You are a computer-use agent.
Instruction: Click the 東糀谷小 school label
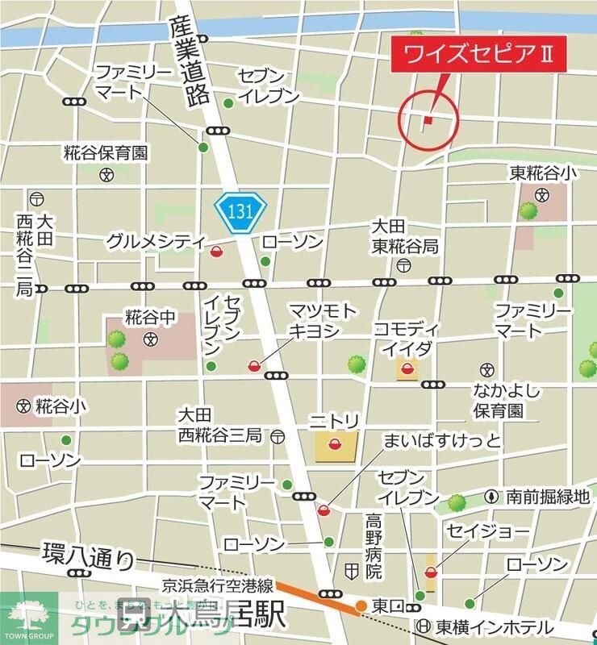point(543,173)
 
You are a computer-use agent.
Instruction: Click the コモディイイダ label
point(406,339)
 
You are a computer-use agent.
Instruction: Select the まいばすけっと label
point(443,441)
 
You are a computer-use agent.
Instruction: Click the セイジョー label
point(487,532)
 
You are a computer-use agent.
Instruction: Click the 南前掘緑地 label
point(548,497)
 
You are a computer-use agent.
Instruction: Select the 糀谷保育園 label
point(106,152)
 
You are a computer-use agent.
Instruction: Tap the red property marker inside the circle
point(428,120)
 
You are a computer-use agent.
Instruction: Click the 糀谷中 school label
point(150,318)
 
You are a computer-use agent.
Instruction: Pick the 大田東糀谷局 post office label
point(404,236)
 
